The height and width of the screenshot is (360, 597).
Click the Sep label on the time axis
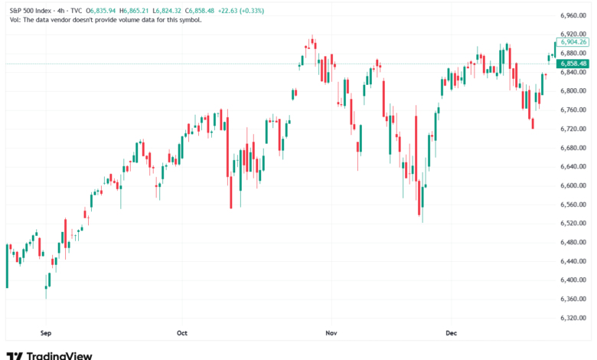pyautogui.click(x=44, y=334)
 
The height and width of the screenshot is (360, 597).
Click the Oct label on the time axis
pyautogui.click(x=181, y=334)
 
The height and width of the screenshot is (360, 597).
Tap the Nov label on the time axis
pyautogui.click(x=331, y=334)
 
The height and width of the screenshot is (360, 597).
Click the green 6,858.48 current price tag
pyautogui.click(x=573, y=64)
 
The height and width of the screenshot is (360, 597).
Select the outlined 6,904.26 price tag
pyautogui.click(x=573, y=42)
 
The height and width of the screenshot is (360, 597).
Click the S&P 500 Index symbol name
pyautogui.click(x=28, y=10)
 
